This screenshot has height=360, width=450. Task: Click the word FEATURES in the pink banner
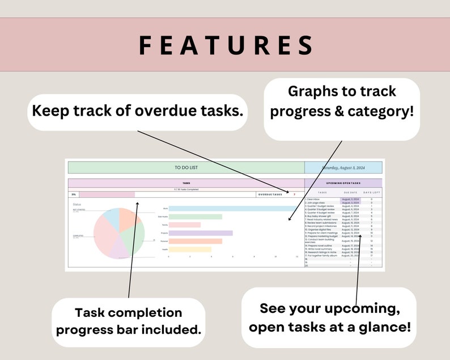click(x=226, y=45)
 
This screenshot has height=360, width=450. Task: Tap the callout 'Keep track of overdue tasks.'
click(x=138, y=110)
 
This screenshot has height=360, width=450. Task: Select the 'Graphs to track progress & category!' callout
click(x=342, y=101)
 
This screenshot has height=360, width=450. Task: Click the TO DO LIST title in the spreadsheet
click(x=186, y=168)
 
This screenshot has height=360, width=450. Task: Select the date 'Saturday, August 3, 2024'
click(x=343, y=168)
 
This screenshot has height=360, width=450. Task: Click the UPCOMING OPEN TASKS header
click(x=343, y=183)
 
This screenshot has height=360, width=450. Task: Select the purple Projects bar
click(x=201, y=233)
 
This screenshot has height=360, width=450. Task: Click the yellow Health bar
click(x=190, y=249)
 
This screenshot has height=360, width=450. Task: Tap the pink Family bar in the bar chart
click(x=185, y=225)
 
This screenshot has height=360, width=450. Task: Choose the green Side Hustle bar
click(x=195, y=217)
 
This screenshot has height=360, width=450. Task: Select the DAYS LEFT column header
click(x=371, y=193)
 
